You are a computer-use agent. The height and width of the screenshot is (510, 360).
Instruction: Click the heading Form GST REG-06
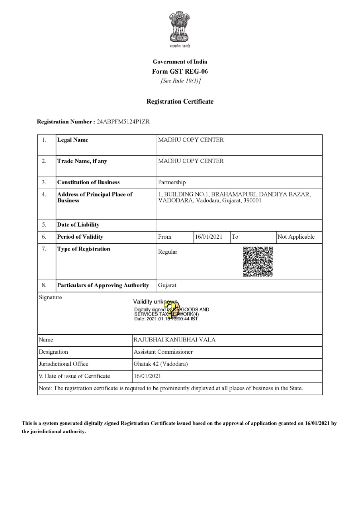pos(180,72)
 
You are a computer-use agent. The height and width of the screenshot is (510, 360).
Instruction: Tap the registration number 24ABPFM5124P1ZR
pos(123,121)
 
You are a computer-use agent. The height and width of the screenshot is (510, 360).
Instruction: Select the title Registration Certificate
pos(180,102)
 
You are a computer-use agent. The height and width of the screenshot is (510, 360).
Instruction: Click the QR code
pos(258,262)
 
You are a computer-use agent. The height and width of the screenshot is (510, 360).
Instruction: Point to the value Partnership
pos(172,182)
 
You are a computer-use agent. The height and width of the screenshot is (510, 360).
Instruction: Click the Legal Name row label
pos(73,140)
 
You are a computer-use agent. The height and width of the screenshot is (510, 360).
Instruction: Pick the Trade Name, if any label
pos(82,161)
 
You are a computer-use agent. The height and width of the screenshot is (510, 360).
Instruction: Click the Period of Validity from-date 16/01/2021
pos(209,237)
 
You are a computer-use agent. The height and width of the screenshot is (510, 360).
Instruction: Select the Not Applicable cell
pos(296,237)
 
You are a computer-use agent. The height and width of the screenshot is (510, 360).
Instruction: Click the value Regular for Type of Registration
pos(168,252)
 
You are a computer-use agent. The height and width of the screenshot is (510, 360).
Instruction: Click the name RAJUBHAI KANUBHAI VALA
pos(174,340)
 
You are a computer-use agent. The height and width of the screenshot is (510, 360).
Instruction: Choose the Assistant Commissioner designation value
pos(163,352)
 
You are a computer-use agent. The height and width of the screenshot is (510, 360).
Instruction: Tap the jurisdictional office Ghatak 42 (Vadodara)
pos(161,364)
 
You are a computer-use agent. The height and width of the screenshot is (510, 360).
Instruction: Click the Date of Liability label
pos(78,225)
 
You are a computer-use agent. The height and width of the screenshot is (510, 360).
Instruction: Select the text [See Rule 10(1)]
pos(180,81)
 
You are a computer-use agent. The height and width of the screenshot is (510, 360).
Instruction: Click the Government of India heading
pos(180,62)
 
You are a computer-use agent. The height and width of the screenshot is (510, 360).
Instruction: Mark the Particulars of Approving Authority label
pos(103,285)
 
